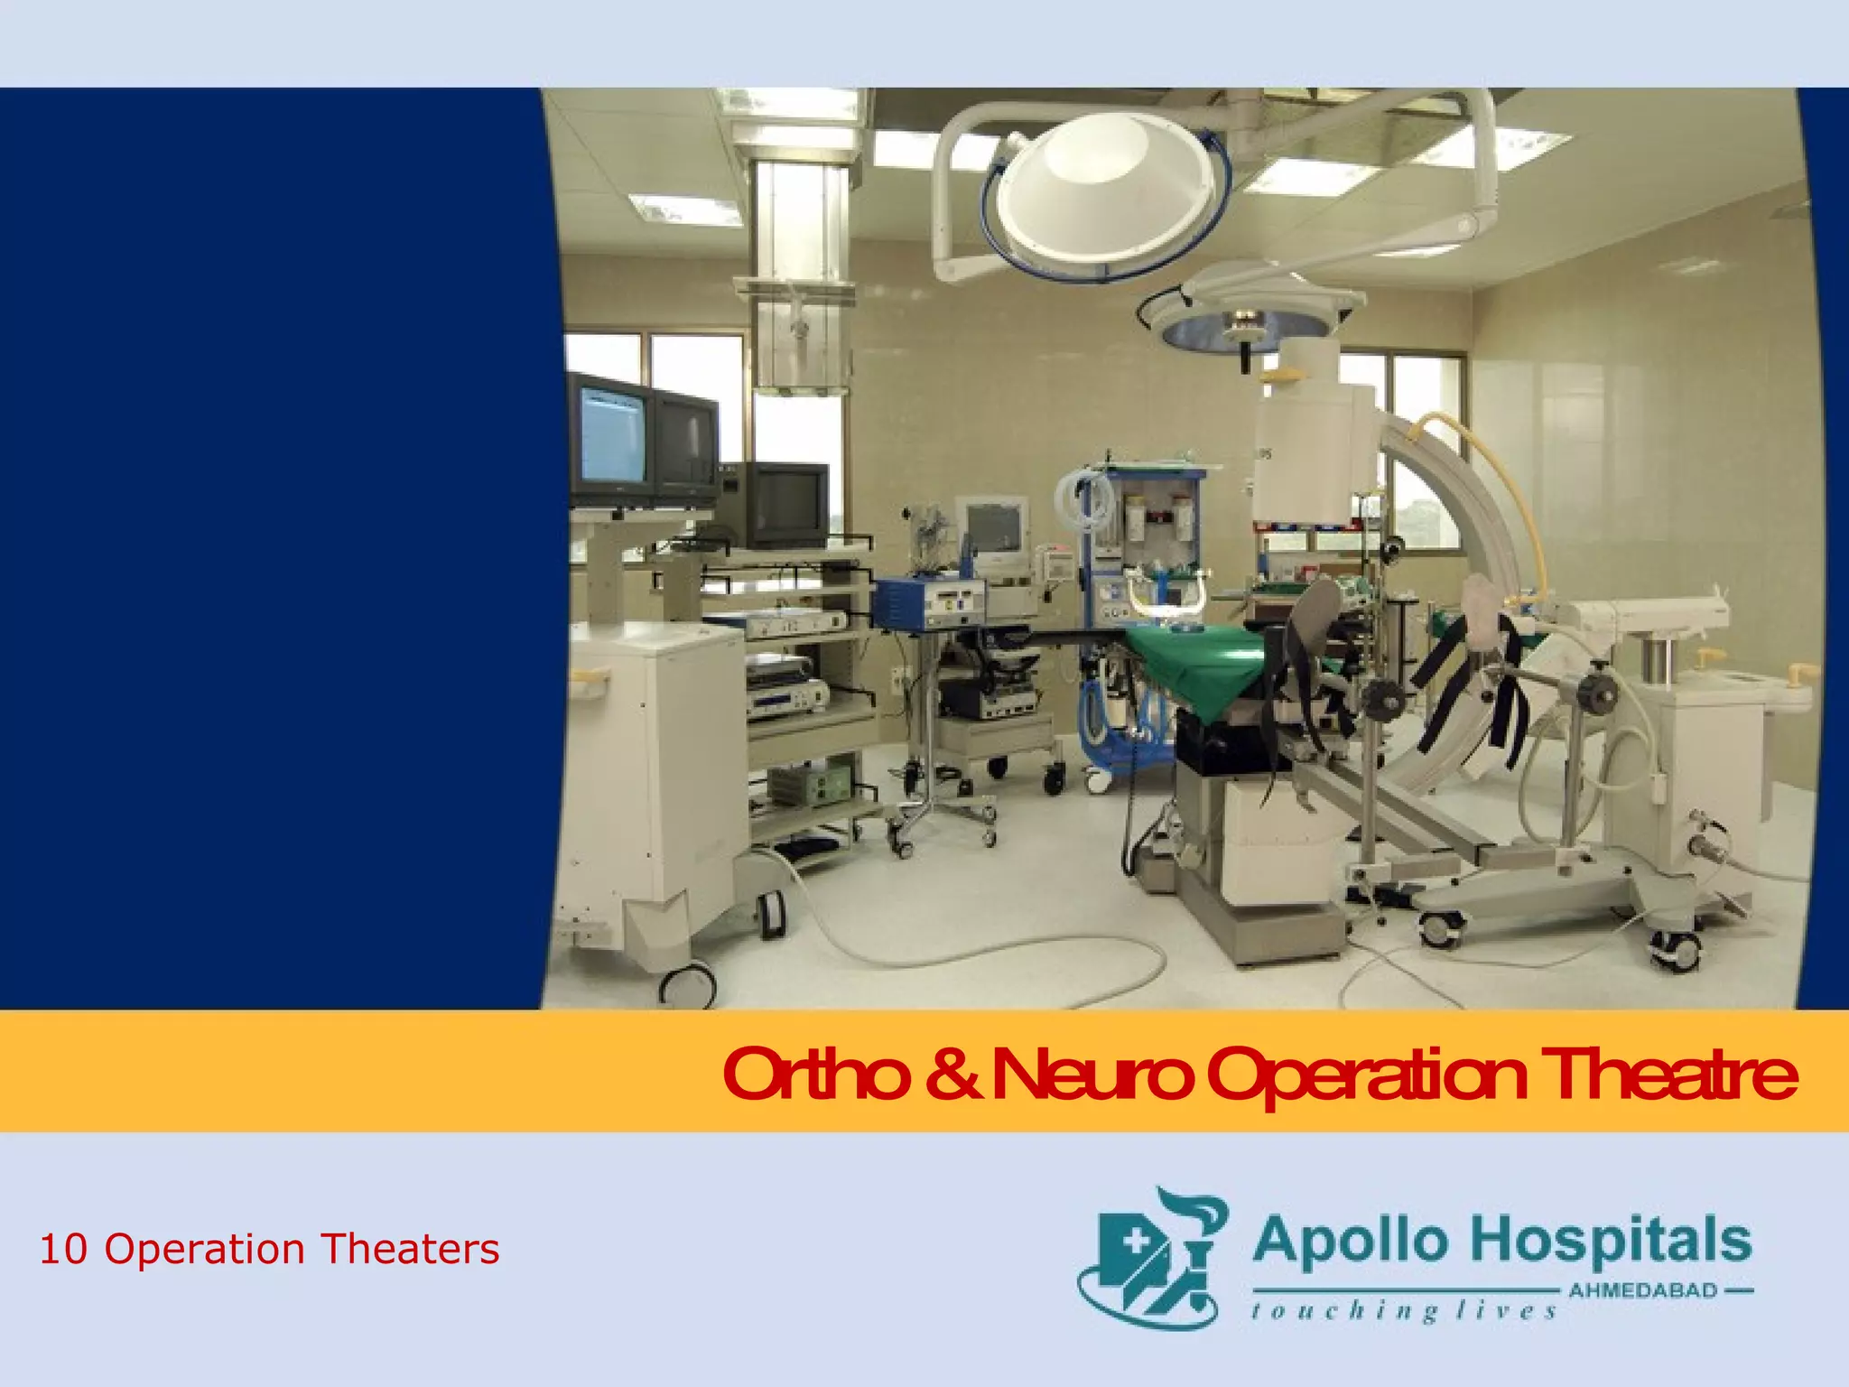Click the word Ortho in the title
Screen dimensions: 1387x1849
tap(815, 1075)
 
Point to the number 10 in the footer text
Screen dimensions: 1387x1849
tap(63, 1250)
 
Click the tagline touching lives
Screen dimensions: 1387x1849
tap(1404, 1310)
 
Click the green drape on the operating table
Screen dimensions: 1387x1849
tap(1201, 664)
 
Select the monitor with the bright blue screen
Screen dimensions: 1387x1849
tap(611, 433)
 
